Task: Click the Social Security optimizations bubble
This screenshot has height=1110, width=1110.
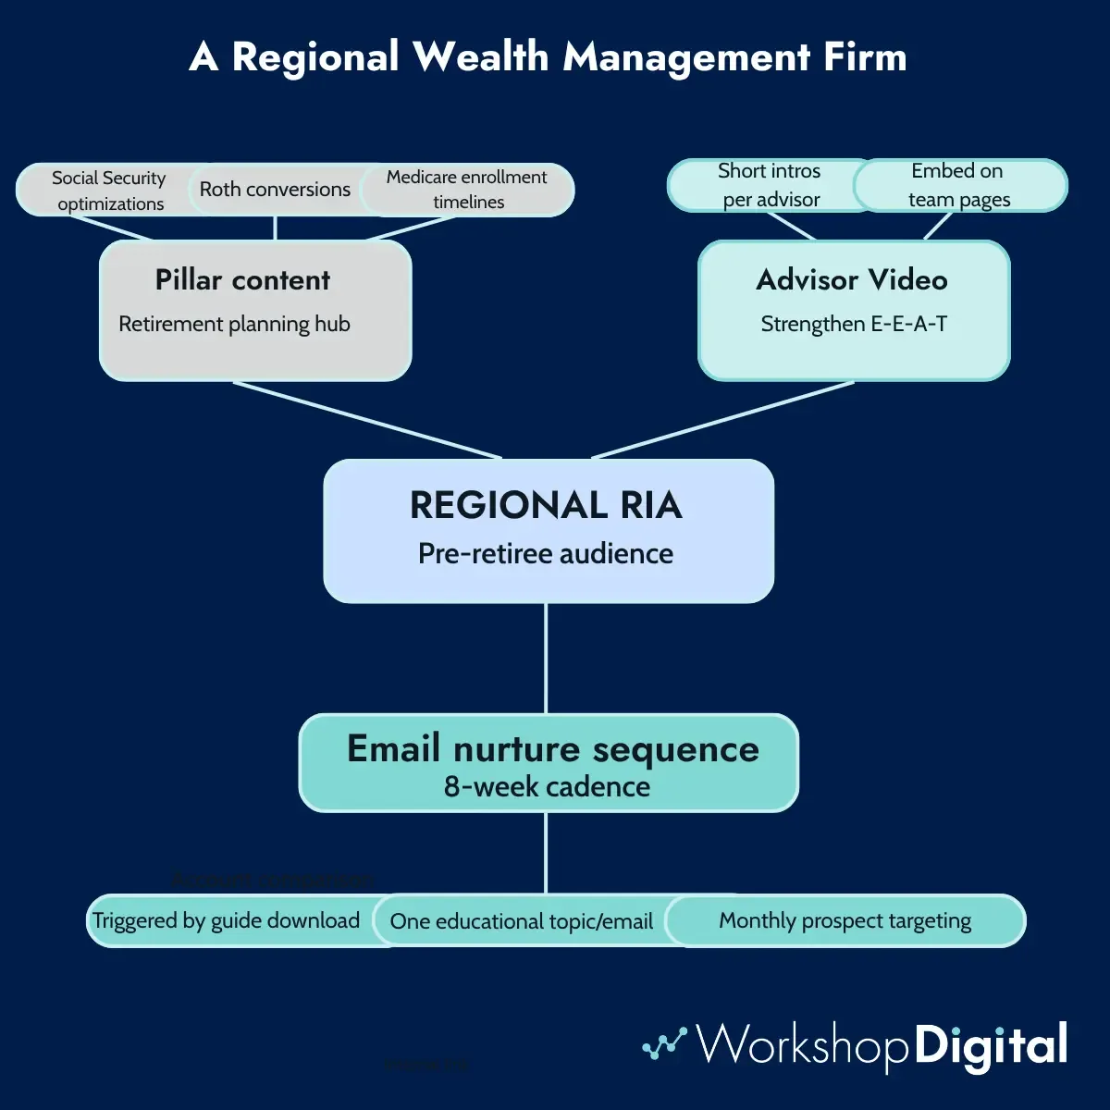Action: pyautogui.click(x=108, y=191)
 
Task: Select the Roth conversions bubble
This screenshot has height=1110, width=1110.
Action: pyautogui.click(x=275, y=190)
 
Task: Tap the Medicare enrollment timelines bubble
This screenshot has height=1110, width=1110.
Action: pyautogui.click(x=467, y=190)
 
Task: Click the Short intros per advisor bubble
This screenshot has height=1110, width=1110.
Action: pyautogui.click(x=770, y=185)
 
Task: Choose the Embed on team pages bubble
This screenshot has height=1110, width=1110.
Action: pyautogui.click(x=958, y=185)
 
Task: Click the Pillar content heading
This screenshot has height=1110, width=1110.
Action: pyautogui.click(x=242, y=279)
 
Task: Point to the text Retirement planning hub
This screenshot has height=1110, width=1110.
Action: pyautogui.click(x=234, y=324)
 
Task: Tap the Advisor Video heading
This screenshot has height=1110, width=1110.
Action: pyautogui.click(x=852, y=279)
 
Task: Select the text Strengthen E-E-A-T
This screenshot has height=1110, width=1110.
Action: pyautogui.click(x=854, y=324)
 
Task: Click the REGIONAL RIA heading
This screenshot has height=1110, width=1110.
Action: pyautogui.click(x=546, y=505)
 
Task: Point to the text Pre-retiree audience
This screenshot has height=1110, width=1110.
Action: pyautogui.click(x=546, y=553)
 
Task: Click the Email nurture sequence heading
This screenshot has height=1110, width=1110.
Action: pyautogui.click(x=552, y=748)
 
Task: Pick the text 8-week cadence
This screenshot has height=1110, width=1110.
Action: pyautogui.click(x=547, y=786)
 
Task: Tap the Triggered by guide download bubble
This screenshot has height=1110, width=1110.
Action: pyautogui.click(x=227, y=920)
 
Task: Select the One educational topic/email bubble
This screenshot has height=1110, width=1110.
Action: pyautogui.click(x=521, y=921)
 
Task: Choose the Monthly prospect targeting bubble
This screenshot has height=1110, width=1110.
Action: pyautogui.click(x=845, y=920)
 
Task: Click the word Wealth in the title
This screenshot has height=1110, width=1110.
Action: pyautogui.click(x=481, y=56)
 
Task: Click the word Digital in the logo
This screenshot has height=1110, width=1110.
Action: pyautogui.click(x=991, y=1046)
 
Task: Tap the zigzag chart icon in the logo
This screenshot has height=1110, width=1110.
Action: pyautogui.click(x=664, y=1043)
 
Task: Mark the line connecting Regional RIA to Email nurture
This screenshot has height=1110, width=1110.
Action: pyautogui.click(x=546, y=658)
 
